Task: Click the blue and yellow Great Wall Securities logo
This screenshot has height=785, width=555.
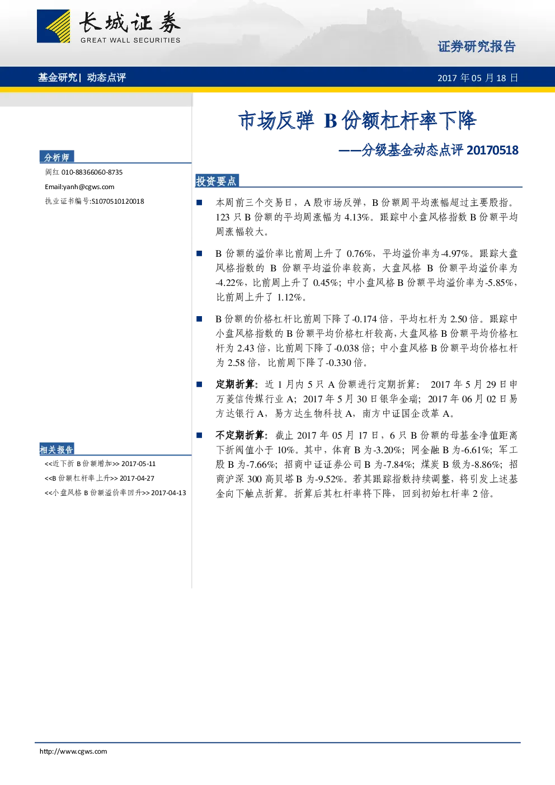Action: (x=53, y=26)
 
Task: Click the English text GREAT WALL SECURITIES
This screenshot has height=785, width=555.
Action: (x=130, y=40)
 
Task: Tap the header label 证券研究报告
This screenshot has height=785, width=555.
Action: (x=477, y=46)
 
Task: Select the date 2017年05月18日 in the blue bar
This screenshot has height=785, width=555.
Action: (x=478, y=78)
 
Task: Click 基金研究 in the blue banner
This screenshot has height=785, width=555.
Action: (x=58, y=77)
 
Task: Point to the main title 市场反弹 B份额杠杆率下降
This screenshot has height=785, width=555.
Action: (x=357, y=120)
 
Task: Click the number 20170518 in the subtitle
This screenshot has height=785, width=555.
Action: (x=492, y=151)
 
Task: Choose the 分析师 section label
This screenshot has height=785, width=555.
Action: (x=57, y=157)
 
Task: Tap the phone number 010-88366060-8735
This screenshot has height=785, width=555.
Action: (x=92, y=172)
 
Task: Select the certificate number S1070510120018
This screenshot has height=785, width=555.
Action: (x=117, y=201)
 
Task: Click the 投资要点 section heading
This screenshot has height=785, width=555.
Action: (x=216, y=181)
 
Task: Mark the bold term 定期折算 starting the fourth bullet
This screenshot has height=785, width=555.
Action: (x=235, y=384)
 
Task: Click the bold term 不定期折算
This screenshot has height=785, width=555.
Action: (x=240, y=435)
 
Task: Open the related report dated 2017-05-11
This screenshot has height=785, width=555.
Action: (x=100, y=464)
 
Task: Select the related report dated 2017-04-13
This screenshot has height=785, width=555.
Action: (x=115, y=493)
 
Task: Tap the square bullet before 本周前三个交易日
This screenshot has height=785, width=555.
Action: (x=199, y=203)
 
